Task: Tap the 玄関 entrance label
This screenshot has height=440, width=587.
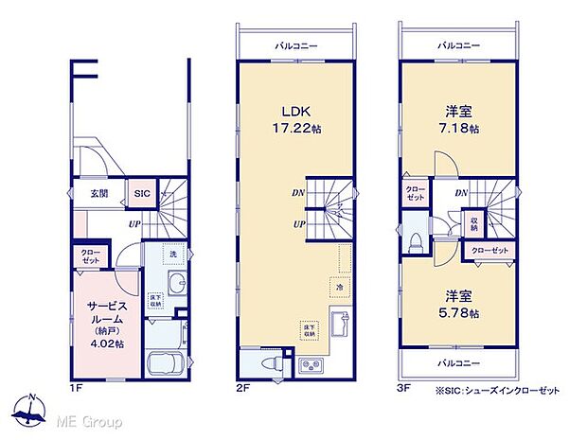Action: (99, 193)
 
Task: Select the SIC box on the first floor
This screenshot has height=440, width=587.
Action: (141, 193)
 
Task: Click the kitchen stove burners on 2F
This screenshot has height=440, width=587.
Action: (311, 365)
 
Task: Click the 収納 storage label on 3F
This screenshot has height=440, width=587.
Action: (472, 223)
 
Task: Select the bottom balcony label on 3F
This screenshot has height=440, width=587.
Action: (457, 364)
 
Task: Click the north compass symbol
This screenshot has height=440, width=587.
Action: (33, 410)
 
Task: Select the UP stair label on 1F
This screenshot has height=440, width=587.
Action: (136, 224)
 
